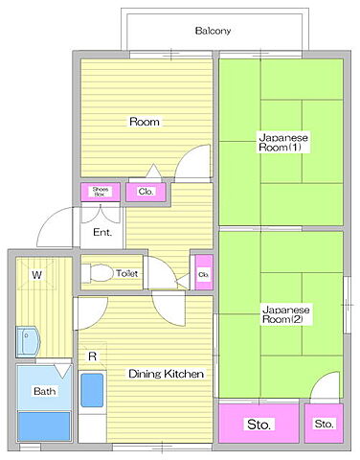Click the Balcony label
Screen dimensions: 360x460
click(213, 31)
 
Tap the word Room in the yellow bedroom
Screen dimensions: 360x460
click(145, 122)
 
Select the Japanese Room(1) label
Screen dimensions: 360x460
click(283, 143)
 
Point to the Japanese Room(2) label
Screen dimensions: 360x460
click(285, 314)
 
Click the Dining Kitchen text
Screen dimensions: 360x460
click(166, 374)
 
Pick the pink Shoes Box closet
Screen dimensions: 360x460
click(101, 192)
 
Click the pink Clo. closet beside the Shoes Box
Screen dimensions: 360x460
click(146, 192)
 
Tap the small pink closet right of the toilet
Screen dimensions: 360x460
click(204, 272)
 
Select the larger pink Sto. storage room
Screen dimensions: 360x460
click(259, 424)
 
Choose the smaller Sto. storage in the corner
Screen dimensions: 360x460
click(324, 424)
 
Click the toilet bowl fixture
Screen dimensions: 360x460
click(98, 273)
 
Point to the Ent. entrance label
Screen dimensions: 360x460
click(102, 232)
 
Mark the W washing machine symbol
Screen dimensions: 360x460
click(36, 274)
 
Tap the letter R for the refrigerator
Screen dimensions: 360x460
click(92, 356)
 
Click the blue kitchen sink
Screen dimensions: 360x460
click(92, 390)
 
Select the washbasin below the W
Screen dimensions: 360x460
click(28, 341)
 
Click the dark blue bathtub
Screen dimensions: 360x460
click(44, 426)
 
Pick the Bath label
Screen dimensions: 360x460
click(44, 391)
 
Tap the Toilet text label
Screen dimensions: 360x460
click(127, 273)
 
